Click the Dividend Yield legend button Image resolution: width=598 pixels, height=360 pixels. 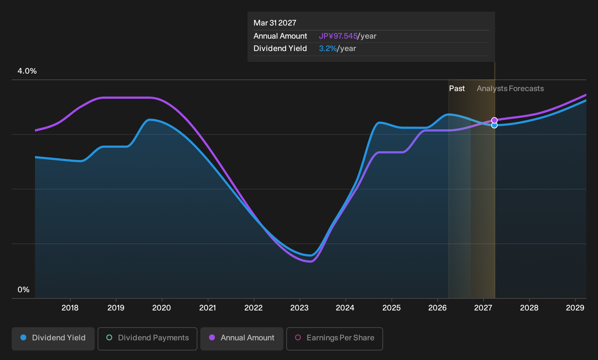click(x=53, y=339)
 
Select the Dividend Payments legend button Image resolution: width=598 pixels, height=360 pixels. click(x=147, y=339)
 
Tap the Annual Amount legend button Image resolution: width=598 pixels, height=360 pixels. click(x=241, y=339)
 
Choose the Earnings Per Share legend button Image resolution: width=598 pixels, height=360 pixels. click(x=334, y=339)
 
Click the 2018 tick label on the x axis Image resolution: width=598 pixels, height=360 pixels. click(x=70, y=308)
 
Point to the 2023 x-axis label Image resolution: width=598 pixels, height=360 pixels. click(x=299, y=308)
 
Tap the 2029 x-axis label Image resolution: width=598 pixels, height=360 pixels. click(x=575, y=308)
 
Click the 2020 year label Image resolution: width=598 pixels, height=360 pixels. click(x=161, y=308)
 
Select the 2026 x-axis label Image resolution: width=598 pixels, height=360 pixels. click(x=437, y=308)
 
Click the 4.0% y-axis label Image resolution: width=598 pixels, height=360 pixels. click(x=27, y=71)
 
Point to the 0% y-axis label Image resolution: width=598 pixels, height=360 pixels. click(x=24, y=290)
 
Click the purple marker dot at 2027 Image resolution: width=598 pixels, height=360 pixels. click(x=495, y=121)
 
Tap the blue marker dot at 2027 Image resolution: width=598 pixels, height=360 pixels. click(x=495, y=125)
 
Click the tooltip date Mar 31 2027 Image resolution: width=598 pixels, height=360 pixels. click(x=275, y=23)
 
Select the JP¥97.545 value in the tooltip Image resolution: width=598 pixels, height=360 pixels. click(x=338, y=36)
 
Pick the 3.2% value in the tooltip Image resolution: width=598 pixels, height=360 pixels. click(x=328, y=48)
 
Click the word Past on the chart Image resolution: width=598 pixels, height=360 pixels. click(x=457, y=89)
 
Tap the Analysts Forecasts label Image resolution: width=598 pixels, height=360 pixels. click(x=510, y=89)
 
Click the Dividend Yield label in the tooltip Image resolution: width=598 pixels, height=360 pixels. click(x=280, y=48)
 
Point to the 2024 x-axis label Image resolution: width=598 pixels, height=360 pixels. click(x=345, y=308)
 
